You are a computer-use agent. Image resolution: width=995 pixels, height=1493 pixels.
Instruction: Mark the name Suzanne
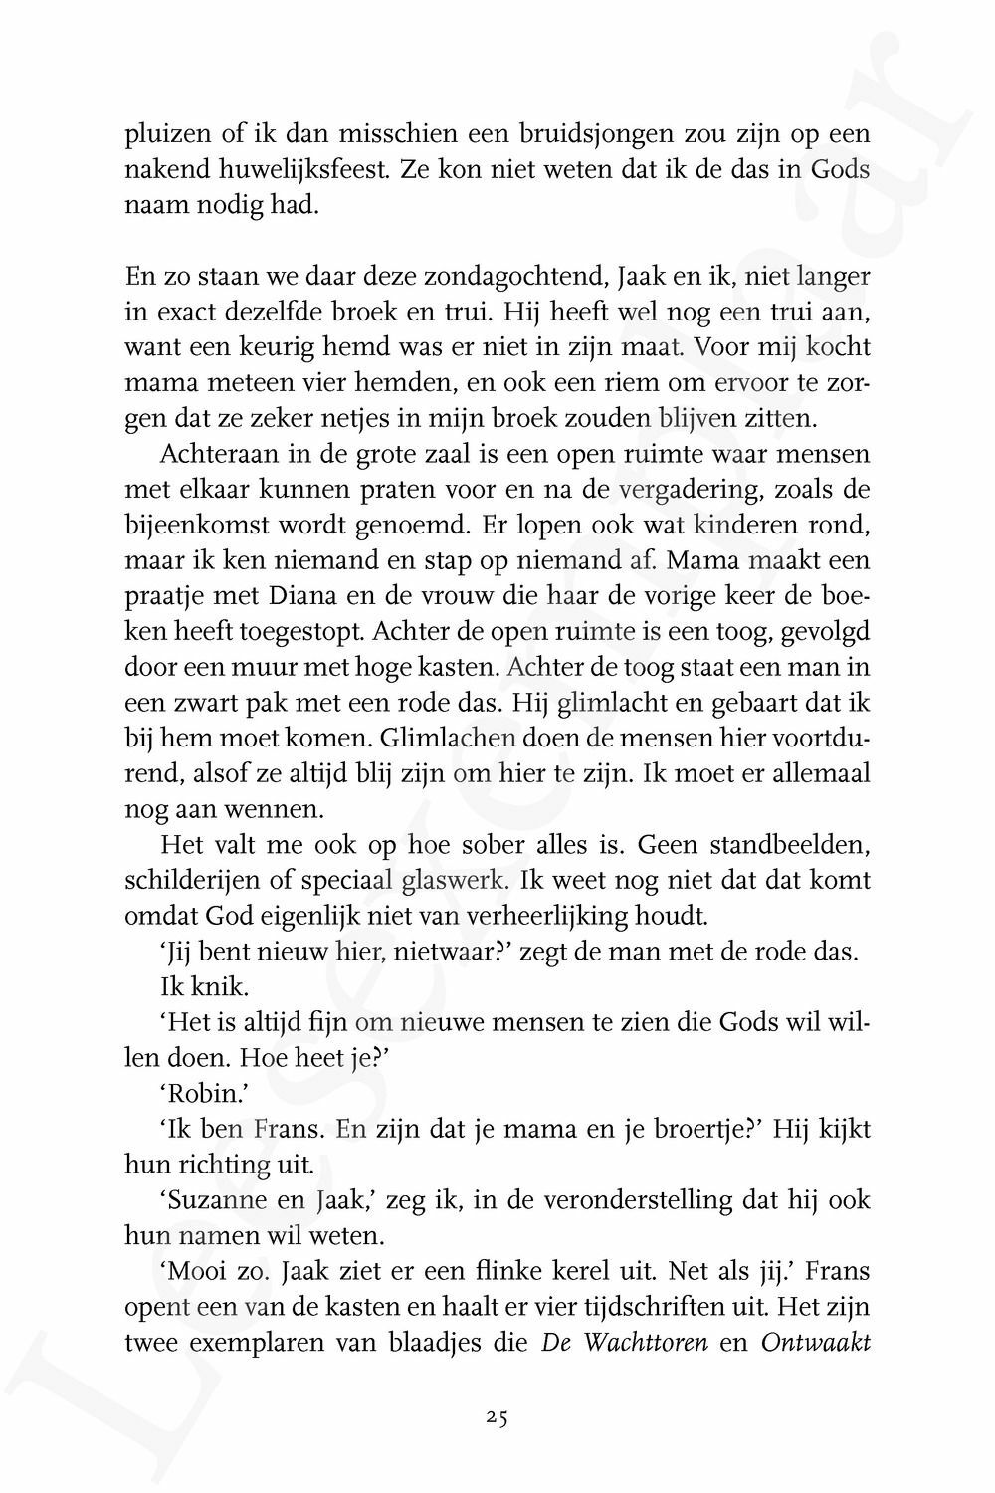point(216,1201)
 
